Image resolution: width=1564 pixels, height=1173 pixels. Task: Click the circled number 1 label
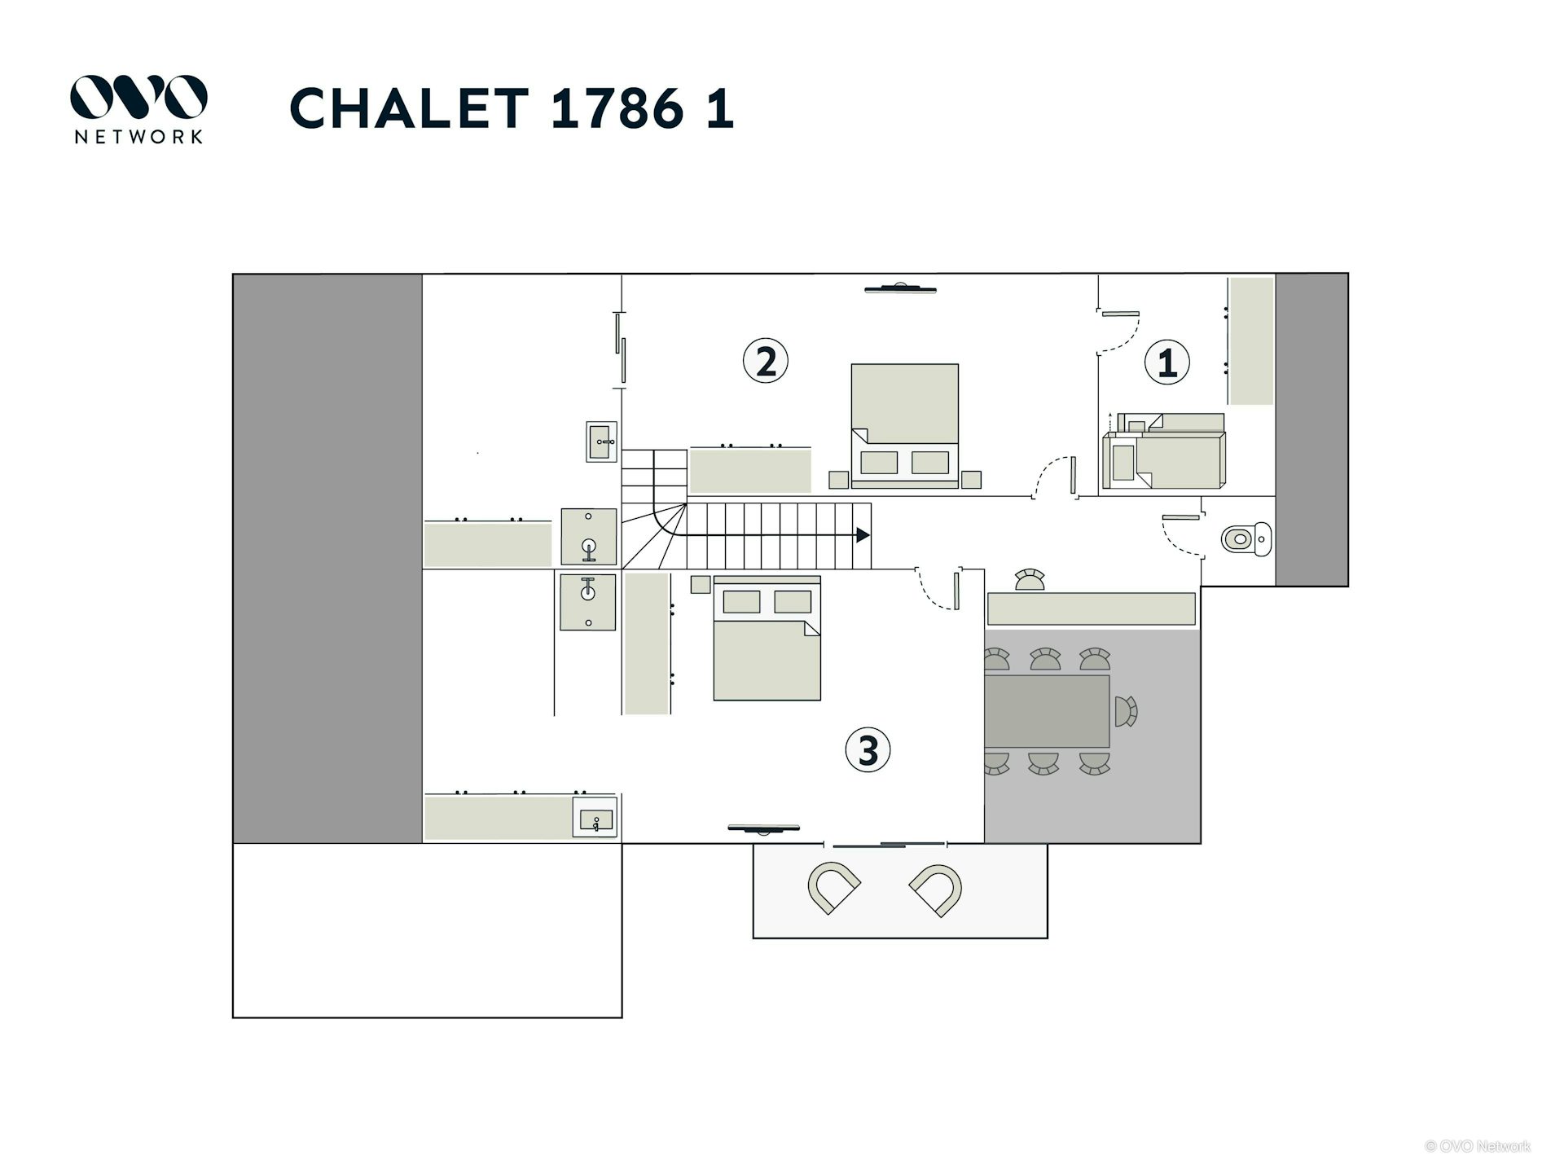1166,362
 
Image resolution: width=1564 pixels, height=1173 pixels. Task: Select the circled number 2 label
766,360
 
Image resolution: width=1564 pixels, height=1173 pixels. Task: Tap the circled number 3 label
868,749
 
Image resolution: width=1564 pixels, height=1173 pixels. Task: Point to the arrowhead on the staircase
863,535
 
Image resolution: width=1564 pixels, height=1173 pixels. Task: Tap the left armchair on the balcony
833,887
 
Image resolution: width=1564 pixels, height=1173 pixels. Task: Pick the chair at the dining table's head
1126,711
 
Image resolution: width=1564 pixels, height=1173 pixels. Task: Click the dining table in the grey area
1047,711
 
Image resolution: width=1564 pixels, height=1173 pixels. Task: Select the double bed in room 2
904,424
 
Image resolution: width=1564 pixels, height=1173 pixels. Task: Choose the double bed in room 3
767,639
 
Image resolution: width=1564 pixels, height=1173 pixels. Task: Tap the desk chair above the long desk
1030,580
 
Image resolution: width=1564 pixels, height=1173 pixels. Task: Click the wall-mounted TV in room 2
900,288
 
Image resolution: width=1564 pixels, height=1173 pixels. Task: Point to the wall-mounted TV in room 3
763,829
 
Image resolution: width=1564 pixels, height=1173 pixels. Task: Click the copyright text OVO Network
1478,1146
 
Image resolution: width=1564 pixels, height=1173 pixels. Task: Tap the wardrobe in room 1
1250,340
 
